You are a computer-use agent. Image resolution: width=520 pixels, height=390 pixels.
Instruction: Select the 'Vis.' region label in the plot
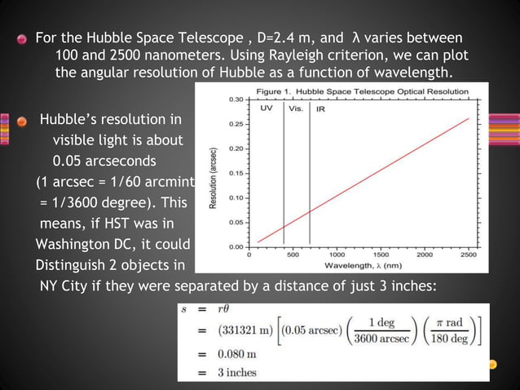[297, 108]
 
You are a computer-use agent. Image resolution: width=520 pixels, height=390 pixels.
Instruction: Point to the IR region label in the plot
[322, 108]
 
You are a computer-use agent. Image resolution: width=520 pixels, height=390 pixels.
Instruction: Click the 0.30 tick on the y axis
[236, 99]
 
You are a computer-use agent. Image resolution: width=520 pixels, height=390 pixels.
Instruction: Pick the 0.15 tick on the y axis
[236, 172]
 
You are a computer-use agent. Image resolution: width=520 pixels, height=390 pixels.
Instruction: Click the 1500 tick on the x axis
[380, 255]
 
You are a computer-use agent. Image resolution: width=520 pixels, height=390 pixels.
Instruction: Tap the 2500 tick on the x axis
[469, 255]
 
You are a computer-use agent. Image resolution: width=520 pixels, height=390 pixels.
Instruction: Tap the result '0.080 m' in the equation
[236, 356]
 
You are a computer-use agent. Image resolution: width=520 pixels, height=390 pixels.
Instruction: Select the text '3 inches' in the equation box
[237, 373]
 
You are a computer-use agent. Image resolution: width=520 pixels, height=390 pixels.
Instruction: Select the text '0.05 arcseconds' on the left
[104, 158]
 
